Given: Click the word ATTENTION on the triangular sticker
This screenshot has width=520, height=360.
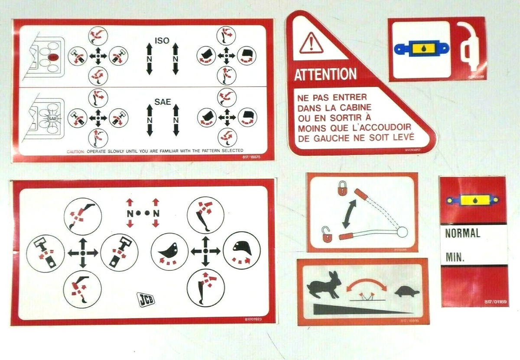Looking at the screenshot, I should click(x=325, y=75).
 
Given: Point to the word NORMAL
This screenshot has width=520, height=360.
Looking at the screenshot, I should click(x=463, y=234).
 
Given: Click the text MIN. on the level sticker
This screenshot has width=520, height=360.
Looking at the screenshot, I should click(x=455, y=259).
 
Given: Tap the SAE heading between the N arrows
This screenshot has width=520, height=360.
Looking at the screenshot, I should click(x=162, y=102).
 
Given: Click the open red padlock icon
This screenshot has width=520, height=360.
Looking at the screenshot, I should click(x=327, y=234).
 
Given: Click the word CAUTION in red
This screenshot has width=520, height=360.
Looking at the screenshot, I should click(x=76, y=151).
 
